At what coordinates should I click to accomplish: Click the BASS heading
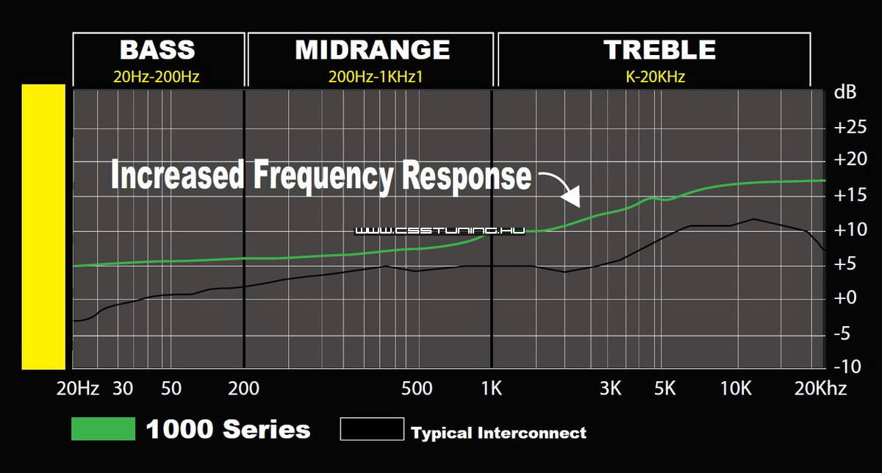tap(157, 50)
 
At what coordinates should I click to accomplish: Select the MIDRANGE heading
tap(372, 50)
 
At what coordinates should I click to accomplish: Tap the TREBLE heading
tap(659, 50)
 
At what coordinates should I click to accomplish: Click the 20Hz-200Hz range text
tap(157, 76)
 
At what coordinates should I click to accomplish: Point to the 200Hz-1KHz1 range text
tap(376, 76)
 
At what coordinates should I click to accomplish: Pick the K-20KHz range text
tap(655, 76)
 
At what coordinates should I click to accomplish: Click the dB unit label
tap(845, 92)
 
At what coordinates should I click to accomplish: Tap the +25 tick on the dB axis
tap(850, 127)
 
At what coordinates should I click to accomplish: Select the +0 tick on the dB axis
tap(845, 297)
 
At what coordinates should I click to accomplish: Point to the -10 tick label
tap(847, 367)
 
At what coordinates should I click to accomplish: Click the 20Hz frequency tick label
tap(78, 389)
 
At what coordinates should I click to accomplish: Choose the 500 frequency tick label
tap(417, 389)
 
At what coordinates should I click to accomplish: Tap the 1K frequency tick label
tap(492, 389)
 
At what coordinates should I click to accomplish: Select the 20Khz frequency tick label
tap(820, 389)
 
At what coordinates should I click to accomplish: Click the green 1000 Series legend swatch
tap(103, 428)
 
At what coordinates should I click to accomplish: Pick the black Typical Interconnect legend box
tap(372, 428)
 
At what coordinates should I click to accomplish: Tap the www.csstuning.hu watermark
tap(440, 231)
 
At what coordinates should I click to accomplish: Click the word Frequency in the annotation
tap(323, 176)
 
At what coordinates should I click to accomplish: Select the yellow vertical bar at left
tap(43, 227)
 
